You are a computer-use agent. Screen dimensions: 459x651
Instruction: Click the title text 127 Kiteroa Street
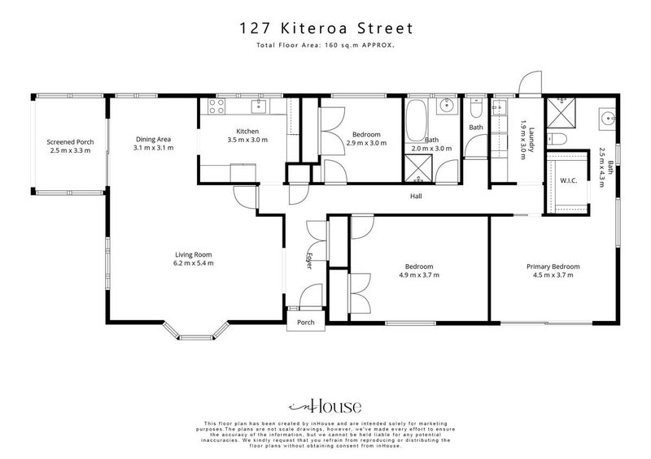click(325, 28)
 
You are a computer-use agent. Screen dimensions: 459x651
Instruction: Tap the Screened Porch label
click(69, 141)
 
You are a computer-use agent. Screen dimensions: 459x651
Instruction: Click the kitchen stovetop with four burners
click(217, 105)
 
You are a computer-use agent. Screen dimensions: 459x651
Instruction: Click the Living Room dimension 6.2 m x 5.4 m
click(194, 263)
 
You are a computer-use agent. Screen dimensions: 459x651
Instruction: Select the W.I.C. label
click(569, 180)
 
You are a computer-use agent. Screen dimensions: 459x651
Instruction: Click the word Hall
click(416, 196)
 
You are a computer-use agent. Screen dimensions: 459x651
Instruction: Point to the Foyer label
click(310, 261)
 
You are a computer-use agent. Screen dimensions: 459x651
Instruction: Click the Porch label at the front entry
click(306, 323)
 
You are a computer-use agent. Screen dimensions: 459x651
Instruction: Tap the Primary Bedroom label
click(553, 266)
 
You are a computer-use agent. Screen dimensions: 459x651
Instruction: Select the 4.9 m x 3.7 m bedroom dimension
click(419, 275)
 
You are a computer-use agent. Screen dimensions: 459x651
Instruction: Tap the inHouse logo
click(325, 406)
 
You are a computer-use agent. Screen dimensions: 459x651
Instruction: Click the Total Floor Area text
click(325, 46)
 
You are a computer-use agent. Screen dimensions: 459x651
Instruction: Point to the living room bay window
click(198, 332)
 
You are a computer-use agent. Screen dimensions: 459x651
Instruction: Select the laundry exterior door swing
click(528, 82)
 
